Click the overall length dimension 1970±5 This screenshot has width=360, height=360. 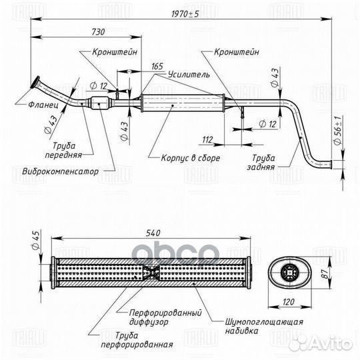185,14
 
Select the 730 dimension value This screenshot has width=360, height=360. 98,32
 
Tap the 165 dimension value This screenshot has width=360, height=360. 157,67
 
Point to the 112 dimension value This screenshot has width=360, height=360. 207,139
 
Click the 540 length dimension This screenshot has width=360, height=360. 153,233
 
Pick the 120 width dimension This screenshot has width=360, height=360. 288,302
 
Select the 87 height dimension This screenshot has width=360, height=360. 325,274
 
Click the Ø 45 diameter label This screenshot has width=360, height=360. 35,240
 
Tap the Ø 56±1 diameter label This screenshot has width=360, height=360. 337,131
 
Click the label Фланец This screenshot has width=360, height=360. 43,105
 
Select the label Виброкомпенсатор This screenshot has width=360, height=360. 61,171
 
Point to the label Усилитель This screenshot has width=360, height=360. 189,75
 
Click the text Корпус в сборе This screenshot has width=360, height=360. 190,158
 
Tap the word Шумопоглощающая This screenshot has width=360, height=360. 264,321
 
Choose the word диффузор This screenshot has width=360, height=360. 149,321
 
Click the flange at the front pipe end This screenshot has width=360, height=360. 35,82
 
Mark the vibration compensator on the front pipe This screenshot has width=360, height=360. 100,103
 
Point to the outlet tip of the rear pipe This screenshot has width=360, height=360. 331,165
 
